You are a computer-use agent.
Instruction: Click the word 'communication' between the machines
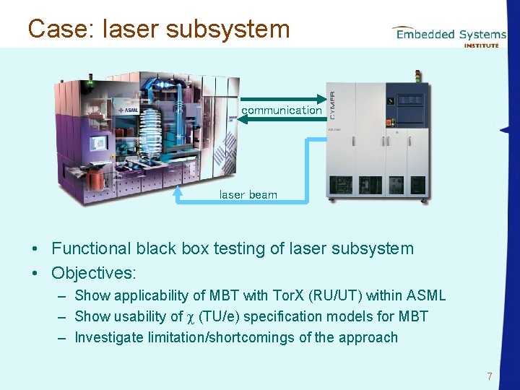[x=281, y=110]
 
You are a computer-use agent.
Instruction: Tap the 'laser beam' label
[x=248, y=195]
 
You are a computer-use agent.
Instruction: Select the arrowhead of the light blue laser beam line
[x=178, y=191]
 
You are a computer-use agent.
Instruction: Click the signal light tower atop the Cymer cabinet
[x=416, y=76]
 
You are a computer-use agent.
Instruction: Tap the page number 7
[x=490, y=376]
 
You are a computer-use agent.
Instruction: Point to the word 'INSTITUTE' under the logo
[x=480, y=45]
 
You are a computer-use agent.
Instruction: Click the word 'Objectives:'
[x=94, y=273]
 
